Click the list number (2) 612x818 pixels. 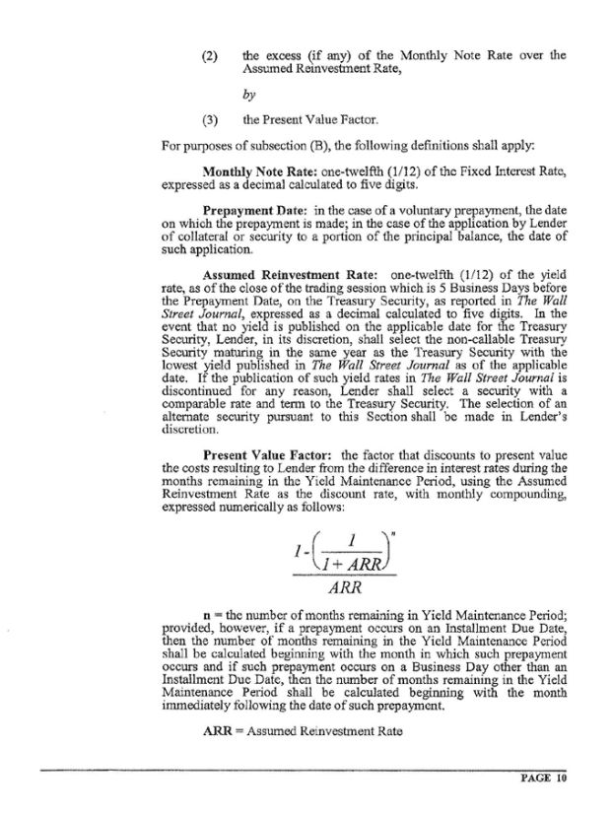[x=208, y=56]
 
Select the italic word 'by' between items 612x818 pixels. [x=247, y=97]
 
